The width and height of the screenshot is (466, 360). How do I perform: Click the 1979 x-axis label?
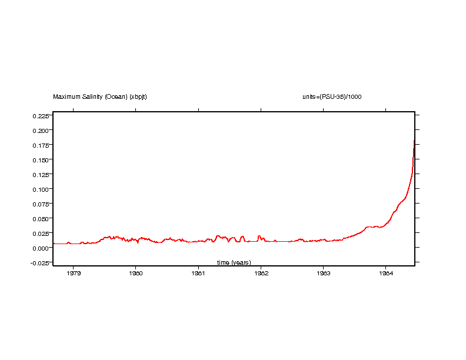(74, 273)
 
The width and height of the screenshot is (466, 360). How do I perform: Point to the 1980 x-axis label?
(136, 273)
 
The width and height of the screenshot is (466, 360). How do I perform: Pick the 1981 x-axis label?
(198, 273)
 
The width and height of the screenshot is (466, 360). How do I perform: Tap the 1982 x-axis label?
(261, 273)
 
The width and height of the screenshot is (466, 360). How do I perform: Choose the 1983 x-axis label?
(323, 273)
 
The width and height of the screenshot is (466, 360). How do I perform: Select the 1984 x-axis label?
(385, 273)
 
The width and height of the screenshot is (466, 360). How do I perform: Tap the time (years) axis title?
(234, 262)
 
